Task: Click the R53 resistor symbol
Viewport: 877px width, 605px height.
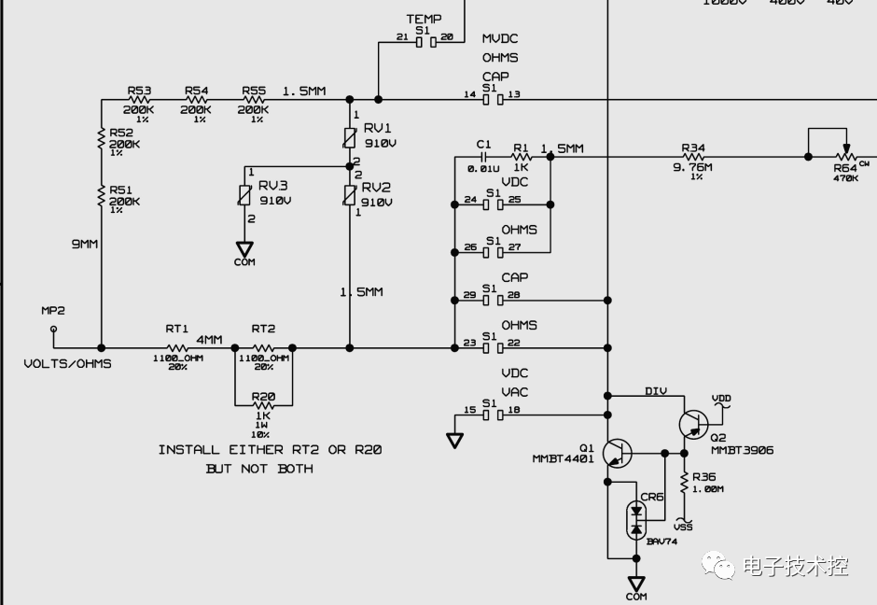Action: tap(139, 100)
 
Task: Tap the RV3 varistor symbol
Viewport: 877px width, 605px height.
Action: tap(244, 195)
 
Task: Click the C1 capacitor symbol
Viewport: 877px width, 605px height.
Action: tap(483, 157)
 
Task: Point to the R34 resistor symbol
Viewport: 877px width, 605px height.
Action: tap(693, 157)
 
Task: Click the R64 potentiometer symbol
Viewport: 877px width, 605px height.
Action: tap(845, 157)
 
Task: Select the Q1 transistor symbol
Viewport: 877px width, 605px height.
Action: tap(616, 454)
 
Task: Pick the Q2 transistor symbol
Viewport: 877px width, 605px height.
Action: tap(692, 425)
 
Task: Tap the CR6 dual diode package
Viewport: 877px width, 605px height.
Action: tap(636, 520)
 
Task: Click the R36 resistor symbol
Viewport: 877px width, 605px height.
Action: tap(684, 483)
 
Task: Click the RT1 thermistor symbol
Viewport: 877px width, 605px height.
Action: tap(177, 347)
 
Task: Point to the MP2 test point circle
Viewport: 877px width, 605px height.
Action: tap(53, 329)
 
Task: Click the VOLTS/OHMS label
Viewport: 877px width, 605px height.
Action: tap(67, 363)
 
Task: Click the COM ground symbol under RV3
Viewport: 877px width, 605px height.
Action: tap(244, 250)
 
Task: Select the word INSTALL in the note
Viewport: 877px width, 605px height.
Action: tap(192, 450)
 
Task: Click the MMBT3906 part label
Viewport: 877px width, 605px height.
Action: tap(742, 450)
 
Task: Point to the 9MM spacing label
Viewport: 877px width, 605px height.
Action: tap(85, 244)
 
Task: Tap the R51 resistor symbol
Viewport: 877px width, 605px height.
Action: tap(101, 194)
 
